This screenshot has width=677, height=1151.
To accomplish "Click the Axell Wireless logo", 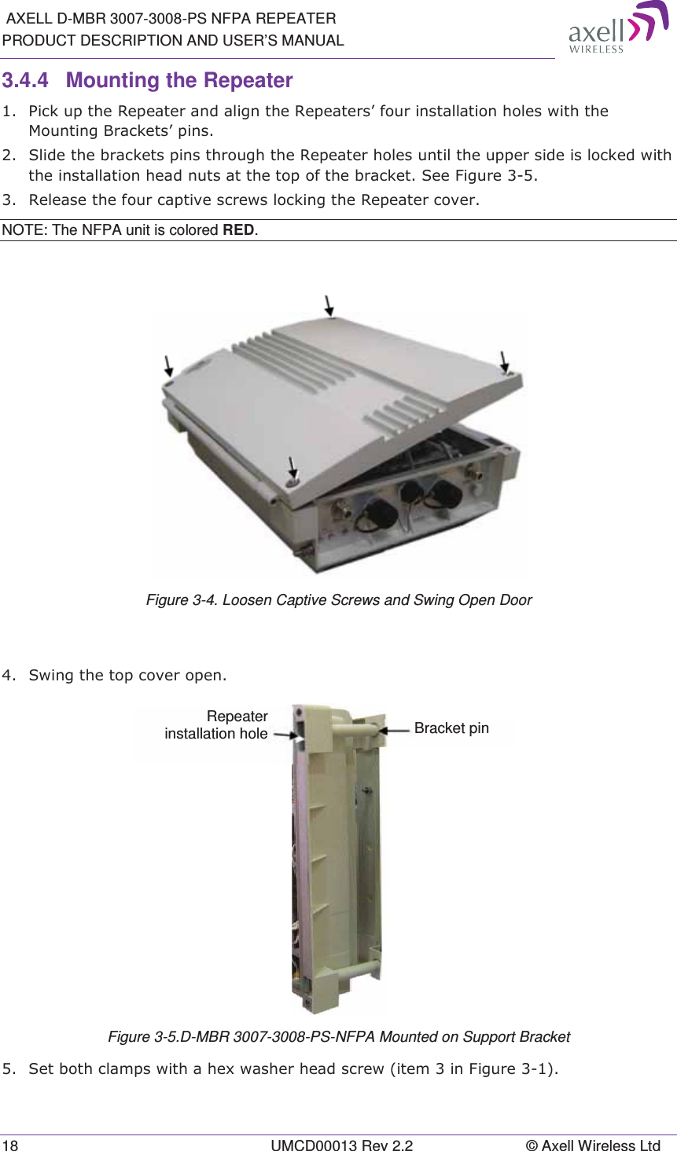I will tap(617, 27).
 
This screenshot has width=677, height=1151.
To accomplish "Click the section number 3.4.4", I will tap(25, 81).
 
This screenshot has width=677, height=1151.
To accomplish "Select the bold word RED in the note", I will tap(239, 230).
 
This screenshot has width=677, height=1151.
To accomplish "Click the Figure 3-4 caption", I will tap(338, 600).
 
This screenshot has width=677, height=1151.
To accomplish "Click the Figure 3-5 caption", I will tap(338, 1037).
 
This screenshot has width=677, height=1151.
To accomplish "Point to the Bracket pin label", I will tap(451, 728).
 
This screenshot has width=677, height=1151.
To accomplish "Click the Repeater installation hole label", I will tap(217, 725).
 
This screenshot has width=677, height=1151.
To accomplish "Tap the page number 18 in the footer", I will tap(10, 1146).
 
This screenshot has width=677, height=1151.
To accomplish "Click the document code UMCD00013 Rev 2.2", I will tap(341, 1146).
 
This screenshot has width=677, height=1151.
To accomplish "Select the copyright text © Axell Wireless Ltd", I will tap(593, 1146).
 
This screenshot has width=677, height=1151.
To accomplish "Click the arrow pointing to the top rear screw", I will tap(329, 305).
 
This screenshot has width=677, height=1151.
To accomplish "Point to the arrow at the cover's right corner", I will tap(504, 361).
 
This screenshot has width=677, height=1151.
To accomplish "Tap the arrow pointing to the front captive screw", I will tap(293, 467).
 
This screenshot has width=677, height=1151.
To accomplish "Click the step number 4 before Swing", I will tap(7, 675).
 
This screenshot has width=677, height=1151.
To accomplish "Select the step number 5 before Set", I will tap(7, 1069).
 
